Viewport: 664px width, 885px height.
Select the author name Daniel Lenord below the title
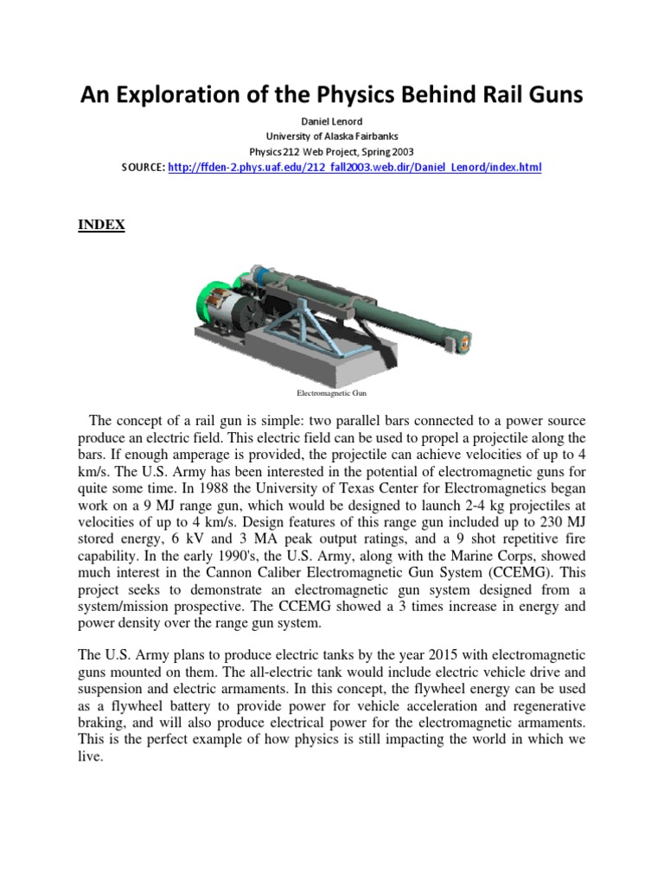point(332,123)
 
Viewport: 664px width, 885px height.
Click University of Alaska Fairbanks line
point(332,137)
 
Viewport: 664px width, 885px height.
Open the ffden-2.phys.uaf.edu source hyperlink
point(355,167)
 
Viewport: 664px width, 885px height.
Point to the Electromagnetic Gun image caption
point(332,392)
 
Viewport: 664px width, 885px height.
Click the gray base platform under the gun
point(285,367)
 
